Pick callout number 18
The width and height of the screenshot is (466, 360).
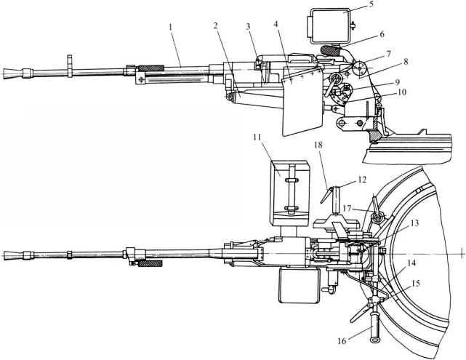(318, 167)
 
